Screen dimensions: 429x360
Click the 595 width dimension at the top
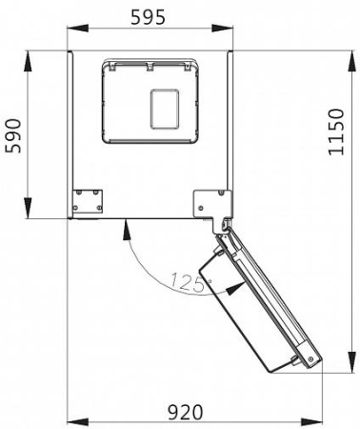[x=149, y=16]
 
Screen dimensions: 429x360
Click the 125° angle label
[x=190, y=281]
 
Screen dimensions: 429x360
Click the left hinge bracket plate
[x=87, y=200]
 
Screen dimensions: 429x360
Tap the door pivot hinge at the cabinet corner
[x=225, y=225]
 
